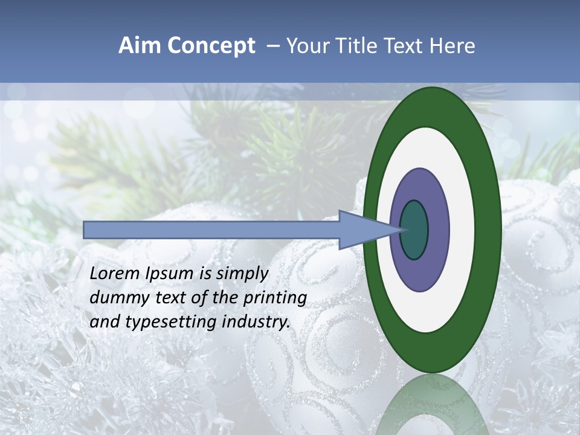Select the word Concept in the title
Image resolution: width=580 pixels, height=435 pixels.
point(210,46)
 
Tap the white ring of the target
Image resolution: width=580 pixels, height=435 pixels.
point(462,230)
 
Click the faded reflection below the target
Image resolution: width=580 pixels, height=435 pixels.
point(432,405)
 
